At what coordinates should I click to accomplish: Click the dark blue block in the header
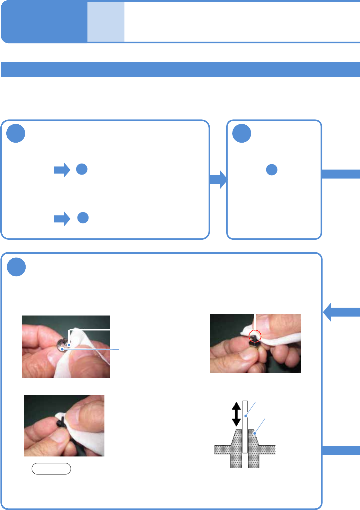point(44,22)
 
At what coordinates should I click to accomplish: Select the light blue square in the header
point(106,22)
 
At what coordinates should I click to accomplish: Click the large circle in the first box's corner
point(16,133)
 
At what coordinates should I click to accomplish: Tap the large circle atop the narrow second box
point(242,133)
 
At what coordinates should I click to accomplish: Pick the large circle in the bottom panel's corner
point(16,267)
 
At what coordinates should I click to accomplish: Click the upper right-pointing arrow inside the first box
point(62,170)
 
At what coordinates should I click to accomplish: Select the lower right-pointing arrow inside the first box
point(62,219)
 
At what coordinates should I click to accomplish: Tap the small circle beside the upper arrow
point(82,169)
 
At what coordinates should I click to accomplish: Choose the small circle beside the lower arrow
point(83,218)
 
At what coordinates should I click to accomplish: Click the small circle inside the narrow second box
point(272,170)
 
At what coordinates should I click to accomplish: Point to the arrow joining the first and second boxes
point(218,180)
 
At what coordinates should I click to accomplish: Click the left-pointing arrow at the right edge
point(341,312)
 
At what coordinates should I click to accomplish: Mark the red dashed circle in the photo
point(255,336)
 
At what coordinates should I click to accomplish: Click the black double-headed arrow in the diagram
point(236,414)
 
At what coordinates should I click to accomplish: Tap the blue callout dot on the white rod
point(246,416)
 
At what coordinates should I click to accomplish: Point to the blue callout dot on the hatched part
point(255,434)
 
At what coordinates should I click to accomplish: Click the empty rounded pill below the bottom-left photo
point(51,469)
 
